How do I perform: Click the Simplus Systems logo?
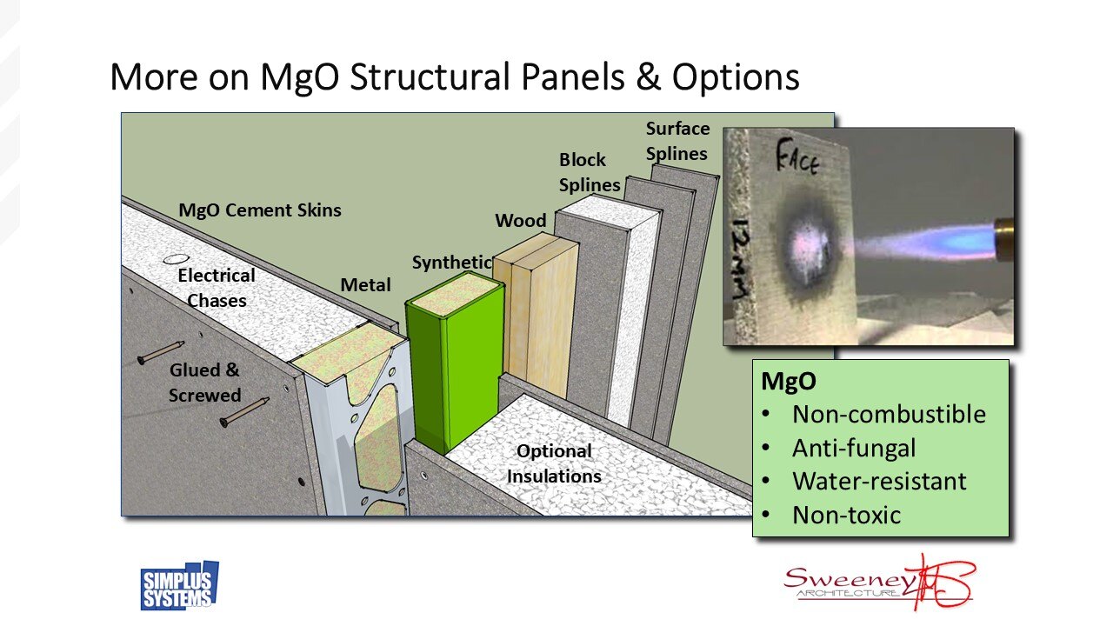[x=180, y=586]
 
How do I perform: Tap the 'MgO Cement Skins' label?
[x=260, y=210]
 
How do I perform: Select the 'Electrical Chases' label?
[x=217, y=288]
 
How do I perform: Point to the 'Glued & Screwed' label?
[x=204, y=383]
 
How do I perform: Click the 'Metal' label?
[x=365, y=285]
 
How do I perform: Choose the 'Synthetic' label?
[x=451, y=262]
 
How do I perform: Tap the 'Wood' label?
[x=521, y=221]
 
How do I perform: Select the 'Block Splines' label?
[x=589, y=172]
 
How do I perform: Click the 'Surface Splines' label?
[x=677, y=141]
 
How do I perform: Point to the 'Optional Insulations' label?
[x=554, y=463]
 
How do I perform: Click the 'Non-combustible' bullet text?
[x=889, y=414]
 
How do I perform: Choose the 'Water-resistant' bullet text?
[x=878, y=481]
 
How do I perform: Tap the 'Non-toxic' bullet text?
[x=846, y=515]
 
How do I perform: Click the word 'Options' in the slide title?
[x=735, y=77]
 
